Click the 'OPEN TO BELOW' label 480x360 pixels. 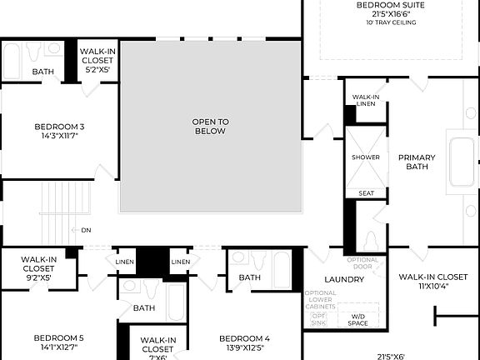pos(211,127)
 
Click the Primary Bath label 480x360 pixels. pos(417,162)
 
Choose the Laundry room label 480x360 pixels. pos(344,279)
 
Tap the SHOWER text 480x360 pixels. pos(365,157)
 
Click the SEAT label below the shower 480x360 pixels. pos(366,193)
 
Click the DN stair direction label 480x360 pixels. pos(86,230)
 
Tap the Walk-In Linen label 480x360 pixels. pos(366,100)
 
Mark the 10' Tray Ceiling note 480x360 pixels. pos(391,23)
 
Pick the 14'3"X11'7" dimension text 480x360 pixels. pos(59,136)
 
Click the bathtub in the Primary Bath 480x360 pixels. pos(462,162)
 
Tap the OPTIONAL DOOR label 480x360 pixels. pos(362,263)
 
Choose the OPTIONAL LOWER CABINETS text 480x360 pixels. pos(321,298)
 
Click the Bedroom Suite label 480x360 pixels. pos(391,5)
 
